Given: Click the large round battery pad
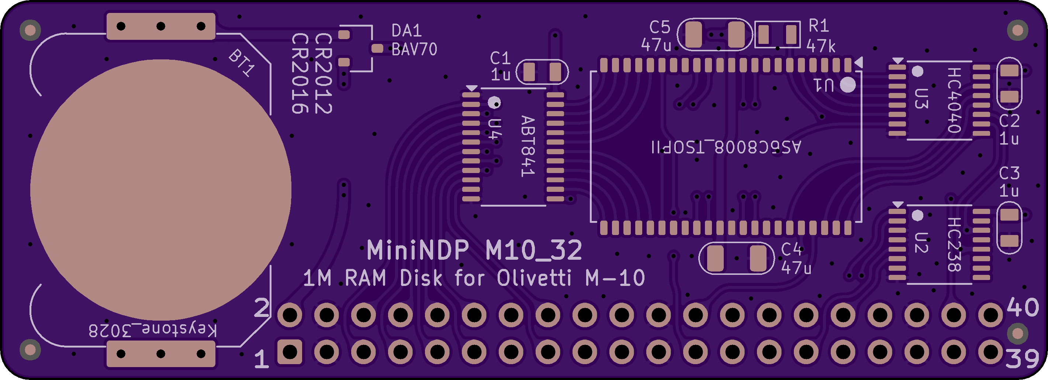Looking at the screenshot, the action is pos(161,190).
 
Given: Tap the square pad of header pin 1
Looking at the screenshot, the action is pos(290,352).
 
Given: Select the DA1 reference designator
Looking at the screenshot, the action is pos(407,31).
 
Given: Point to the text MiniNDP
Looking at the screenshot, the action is pos(418,250).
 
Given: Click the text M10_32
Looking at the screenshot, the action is pos(534,250).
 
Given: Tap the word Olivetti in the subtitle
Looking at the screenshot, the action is pos(534,278).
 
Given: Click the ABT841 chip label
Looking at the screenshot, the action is pos(528,146).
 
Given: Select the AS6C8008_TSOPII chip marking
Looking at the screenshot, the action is pos(726,147).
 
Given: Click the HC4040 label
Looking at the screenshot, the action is pos(954,100).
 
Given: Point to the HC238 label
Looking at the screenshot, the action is pos(954,244).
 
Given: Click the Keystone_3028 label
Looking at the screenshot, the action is pos(153,330).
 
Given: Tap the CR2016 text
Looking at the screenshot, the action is pos(300,74).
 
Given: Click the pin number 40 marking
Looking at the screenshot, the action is pos(1023,307).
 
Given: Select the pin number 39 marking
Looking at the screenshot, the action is pos(1022,359).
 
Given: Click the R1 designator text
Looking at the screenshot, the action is pos(819,26).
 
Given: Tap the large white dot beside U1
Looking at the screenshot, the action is pos(848,85).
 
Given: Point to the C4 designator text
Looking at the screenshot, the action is pos(791,249).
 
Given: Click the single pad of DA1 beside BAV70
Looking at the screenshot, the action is pos(377,48).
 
